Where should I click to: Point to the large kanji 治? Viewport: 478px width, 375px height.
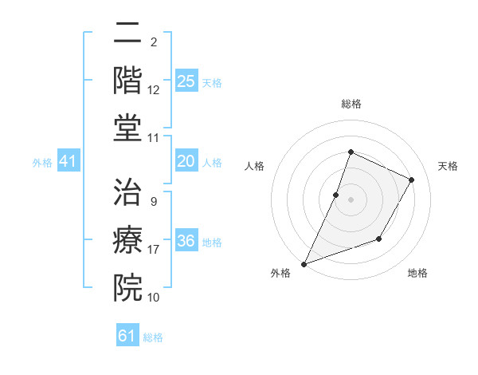[x=127, y=192]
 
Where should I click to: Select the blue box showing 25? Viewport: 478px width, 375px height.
[x=186, y=81]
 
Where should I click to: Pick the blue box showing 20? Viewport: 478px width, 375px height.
[x=186, y=161]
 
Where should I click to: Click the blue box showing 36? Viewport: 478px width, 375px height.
[x=186, y=241]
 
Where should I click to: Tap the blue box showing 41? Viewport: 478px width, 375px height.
[x=69, y=161]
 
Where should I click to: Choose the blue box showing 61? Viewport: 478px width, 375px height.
[x=127, y=336]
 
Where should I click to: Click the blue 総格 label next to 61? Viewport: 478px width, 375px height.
[x=153, y=337]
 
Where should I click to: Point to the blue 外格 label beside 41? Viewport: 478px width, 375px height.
[x=42, y=163]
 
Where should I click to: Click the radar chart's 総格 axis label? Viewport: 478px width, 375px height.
[x=351, y=104]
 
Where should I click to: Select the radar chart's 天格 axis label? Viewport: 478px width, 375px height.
[x=448, y=166]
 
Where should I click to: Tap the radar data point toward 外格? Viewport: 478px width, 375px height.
[x=304, y=264]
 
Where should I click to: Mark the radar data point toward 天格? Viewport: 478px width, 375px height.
[x=411, y=180]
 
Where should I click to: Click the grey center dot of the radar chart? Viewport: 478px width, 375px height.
[x=351, y=199]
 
